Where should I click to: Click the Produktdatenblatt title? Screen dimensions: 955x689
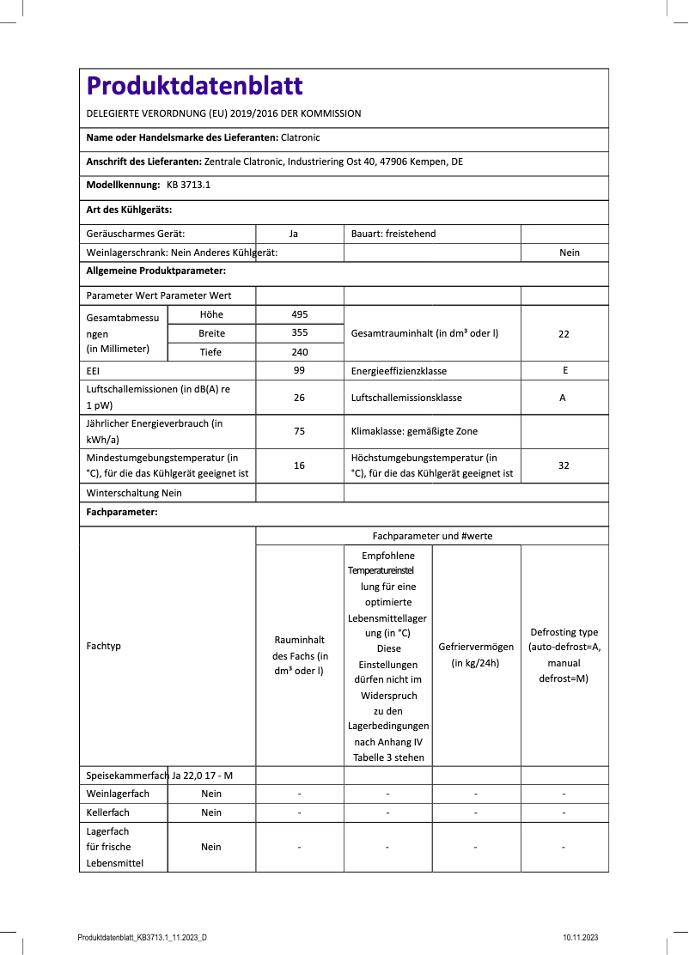coord(195,86)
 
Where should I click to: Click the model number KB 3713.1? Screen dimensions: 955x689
coord(188,185)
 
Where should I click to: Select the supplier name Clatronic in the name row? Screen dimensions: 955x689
coord(300,137)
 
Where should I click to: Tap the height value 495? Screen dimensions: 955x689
coord(300,314)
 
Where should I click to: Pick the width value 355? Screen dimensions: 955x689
coord(300,333)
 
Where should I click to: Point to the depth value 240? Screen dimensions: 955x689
coord(300,352)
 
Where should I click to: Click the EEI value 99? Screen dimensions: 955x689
coord(300,371)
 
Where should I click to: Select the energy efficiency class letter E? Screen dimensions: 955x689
coord(564,371)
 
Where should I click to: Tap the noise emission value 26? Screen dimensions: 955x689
coord(300,398)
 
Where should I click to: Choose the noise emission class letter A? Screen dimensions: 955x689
coord(564,398)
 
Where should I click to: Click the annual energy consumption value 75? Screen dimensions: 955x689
coord(300,431)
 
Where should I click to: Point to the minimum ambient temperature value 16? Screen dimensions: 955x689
coord(300,465)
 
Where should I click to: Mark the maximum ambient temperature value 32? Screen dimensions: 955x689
coord(564,465)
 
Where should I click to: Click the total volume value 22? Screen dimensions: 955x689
coord(564,334)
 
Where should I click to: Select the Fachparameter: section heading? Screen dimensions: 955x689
coord(121,512)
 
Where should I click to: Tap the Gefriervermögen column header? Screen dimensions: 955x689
coord(476,654)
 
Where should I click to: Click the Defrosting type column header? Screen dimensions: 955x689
coord(564,654)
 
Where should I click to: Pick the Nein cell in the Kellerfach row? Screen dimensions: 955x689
coord(211,812)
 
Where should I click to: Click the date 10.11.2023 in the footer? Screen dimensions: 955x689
coord(581,938)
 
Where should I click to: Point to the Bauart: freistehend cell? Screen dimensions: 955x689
coord(393,234)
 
